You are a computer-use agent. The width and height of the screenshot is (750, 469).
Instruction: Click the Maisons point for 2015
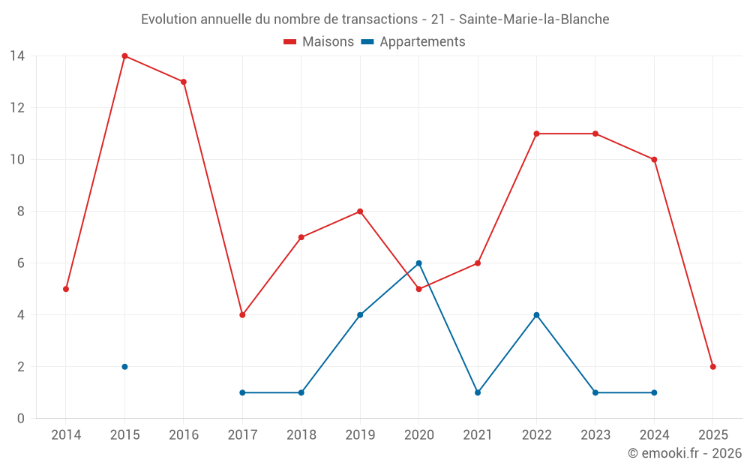pyautogui.click(x=124, y=56)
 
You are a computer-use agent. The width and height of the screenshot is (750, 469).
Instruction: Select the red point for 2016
pyautogui.click(x=184, y=82)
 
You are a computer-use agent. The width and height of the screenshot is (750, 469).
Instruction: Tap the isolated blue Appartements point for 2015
pyautogui.click(x=124, y=367)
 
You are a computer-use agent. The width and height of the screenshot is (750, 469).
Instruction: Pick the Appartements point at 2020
pyautogui.click(x=418, y=263)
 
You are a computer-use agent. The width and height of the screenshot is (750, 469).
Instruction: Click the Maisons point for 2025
pyautogui.click(x=712, y=367)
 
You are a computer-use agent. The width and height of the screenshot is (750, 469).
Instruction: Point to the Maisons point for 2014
pyautogui.click(x=66, y=289)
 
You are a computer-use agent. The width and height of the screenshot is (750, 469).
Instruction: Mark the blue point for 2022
pyautogui.click(x=536, y=315)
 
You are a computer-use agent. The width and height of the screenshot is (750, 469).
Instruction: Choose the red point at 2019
pyautogui.click(x=360, y=212)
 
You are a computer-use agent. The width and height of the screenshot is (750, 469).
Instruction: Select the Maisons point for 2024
pyautogui.click(x=654, y=160)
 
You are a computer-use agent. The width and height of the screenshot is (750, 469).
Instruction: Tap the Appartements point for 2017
pyautogui.click(x=242, y=392)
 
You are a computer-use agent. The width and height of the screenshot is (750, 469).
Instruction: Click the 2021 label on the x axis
pyautogui.click(x=478, y=435)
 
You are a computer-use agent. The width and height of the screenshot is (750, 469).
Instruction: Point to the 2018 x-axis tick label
pyautogui.click(x=301, y=435)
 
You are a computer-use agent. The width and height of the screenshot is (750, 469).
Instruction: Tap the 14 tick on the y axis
pyautogui.click(x=17, y=56)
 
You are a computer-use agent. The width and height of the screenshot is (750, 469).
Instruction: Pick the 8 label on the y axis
pyautogui.click(x=21, y=212)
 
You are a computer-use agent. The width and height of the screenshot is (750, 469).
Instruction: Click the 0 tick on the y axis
pyautogui.click(x=21, y=419)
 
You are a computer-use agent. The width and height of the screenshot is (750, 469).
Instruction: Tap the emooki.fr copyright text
pyautogui.click(x=685, y=453)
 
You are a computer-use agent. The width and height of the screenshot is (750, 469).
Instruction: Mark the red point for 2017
pyautogui.click(x=242, y=315)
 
